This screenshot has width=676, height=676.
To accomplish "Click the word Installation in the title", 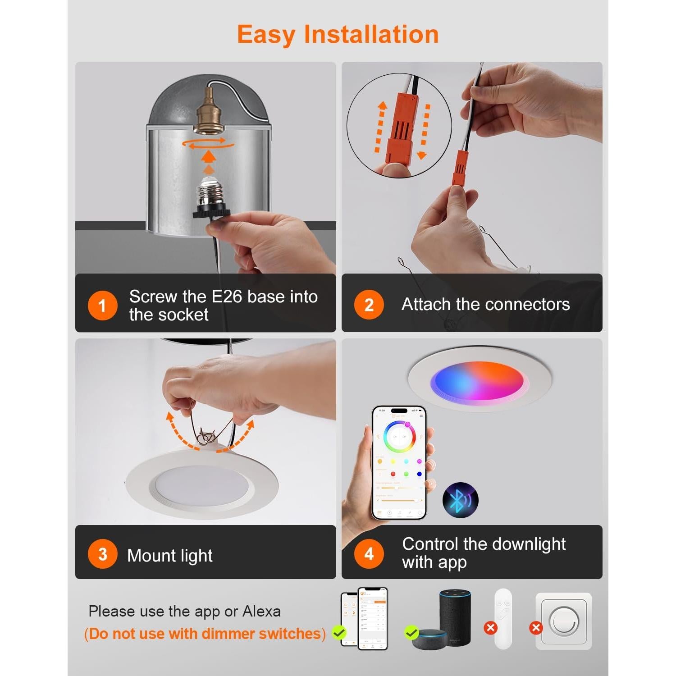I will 371,35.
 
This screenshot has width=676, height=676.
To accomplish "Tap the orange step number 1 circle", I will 102,305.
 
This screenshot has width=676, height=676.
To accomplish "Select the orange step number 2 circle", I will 369,305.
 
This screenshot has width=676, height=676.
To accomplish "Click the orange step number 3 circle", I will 102,554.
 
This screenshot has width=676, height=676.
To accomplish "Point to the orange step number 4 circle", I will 369,554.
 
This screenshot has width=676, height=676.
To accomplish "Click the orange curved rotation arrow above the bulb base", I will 208,144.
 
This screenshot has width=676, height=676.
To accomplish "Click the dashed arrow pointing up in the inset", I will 382,128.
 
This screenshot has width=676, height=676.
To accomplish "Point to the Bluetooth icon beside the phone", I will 460,500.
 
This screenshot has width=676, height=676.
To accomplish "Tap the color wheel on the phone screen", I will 399,437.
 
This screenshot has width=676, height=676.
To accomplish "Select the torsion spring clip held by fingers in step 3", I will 206,436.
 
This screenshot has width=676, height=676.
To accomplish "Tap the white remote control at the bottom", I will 503,618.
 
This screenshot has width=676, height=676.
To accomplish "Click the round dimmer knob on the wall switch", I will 563,621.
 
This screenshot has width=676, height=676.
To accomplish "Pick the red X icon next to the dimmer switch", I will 535,628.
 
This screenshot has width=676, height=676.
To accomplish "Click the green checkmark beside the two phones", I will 339,633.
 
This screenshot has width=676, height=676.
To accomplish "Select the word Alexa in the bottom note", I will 261,612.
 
